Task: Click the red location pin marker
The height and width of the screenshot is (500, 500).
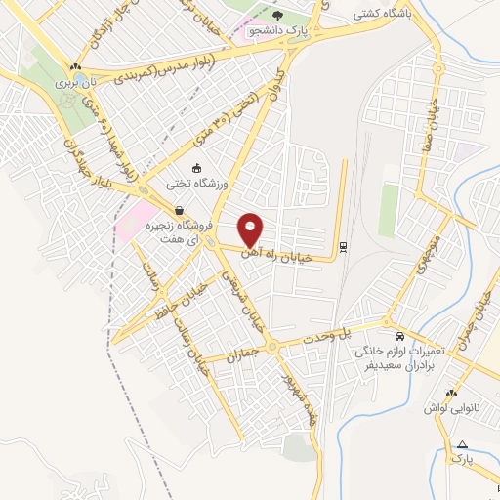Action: point(251,229)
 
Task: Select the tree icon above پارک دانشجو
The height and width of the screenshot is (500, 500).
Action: point(277,16)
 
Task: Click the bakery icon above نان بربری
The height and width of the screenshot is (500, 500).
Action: point(75,66)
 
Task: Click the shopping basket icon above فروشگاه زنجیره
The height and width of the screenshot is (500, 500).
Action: point(180,209)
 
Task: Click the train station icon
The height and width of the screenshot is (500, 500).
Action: point(342,246)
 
